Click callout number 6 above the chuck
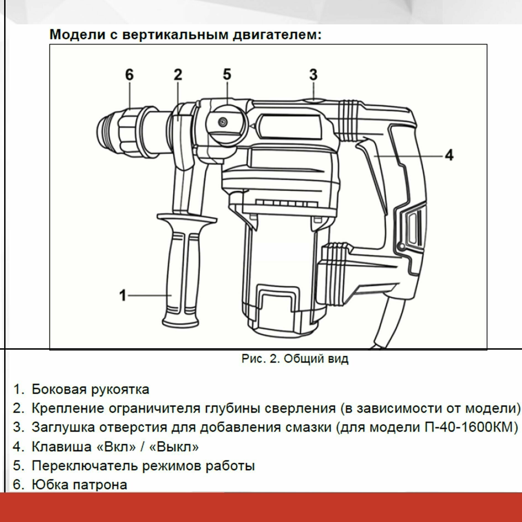[129, 75]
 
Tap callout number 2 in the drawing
[178, 75]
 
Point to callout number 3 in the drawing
[313, 75]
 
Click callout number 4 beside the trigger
[449, 155]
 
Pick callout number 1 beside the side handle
[123, 295]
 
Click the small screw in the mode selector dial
[222, 122]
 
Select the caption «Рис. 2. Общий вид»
[295, 359]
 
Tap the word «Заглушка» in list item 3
[63, 427]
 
